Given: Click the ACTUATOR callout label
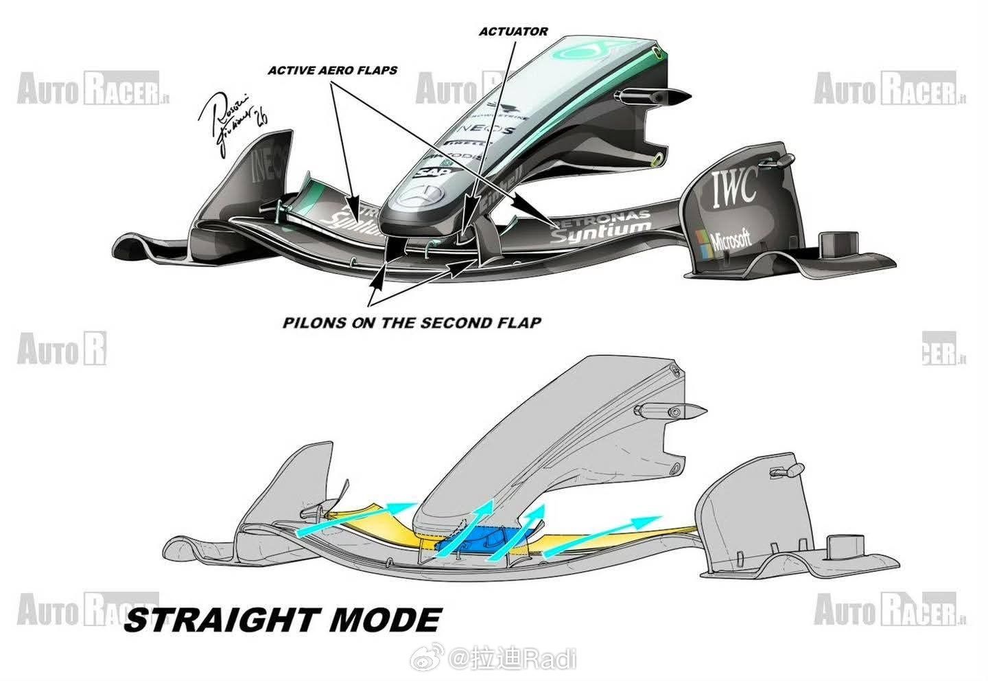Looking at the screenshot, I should coord(513,31).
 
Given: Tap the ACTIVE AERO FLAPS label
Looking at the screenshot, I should coord(332,70).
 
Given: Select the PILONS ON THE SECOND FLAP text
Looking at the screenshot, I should coord(412,323).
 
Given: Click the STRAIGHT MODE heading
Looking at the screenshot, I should coord(282,619).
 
